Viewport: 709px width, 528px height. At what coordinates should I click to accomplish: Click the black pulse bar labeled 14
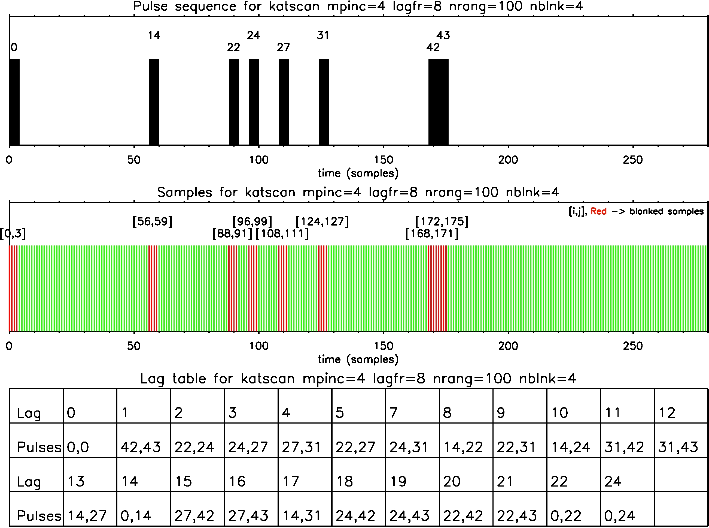[x=154, y=102]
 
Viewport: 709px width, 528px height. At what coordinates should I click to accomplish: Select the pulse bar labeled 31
[x=323, y=102]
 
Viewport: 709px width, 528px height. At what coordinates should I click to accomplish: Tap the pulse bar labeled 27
[x=284, y=102]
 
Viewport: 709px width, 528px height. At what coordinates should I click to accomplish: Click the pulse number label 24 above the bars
[x=254, y=35]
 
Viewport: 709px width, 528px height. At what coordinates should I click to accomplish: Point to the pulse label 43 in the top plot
[x=443, y=35]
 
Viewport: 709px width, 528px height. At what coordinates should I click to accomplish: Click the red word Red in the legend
[x=598, y=211]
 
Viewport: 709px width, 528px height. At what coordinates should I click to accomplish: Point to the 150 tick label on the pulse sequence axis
[x=384, y=160]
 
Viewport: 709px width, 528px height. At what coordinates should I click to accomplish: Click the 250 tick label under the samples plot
[x=633, y=346]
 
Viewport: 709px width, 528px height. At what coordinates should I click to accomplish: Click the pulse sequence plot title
[x=358, y=6]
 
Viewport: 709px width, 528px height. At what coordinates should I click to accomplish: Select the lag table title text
[x=358, y=379]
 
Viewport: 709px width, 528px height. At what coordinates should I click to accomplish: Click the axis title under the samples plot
[x=358, y=359]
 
